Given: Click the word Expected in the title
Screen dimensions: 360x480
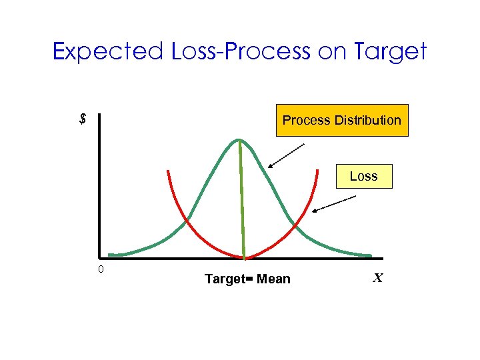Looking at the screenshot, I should coord(108,51).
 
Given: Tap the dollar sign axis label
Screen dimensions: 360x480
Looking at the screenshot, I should coord(83,120).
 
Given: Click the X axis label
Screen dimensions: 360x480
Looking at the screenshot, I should coord(377,278).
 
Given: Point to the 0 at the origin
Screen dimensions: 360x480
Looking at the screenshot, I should coord(100,270).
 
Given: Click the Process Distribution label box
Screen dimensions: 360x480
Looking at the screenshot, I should coord(342,121).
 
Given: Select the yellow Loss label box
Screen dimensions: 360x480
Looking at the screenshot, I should coord(363,176).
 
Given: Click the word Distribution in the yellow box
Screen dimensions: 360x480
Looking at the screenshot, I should coord(368,121).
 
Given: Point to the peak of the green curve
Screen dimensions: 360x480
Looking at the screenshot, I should coord(239,139).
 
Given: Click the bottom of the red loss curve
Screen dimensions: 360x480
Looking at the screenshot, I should coord(244,258).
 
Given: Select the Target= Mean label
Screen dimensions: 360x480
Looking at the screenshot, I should coord(247,279).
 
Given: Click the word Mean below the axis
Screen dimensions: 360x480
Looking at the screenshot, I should coord(273,279).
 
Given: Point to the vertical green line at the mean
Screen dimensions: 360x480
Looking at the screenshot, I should coord(241,200).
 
